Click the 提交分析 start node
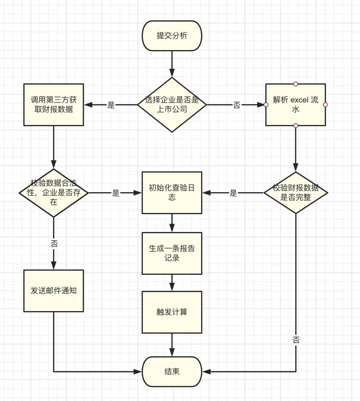click(171, 36)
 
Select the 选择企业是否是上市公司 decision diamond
click(172, 105)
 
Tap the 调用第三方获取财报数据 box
click(53, 105)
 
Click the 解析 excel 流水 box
click(296, 105)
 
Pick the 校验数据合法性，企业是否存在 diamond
click(53, 193)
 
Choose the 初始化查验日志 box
click(171, 193)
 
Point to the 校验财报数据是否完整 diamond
click(296, 193)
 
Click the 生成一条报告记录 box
click(171, 253)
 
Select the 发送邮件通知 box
click(53, 291)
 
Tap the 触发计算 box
click(171, 312)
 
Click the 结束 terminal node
click(171, 371)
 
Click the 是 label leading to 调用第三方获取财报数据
click(111, 105)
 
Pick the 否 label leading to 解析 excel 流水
click(236, 105)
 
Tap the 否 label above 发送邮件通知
click(54, 244)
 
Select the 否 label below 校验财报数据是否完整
click(296, 340)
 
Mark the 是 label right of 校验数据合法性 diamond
click(115, 193)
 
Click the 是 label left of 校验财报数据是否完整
click(233, 193)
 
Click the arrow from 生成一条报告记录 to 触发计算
click(171, 283)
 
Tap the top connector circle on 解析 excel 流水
click(296, 84)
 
